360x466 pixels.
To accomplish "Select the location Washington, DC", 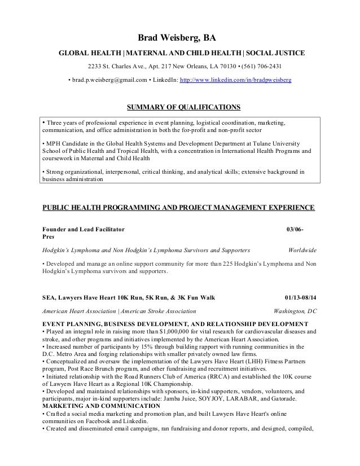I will [x=295, y=311].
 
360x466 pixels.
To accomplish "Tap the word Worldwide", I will [x=302, y=249].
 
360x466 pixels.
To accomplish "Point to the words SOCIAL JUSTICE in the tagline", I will [x=276, y=54].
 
